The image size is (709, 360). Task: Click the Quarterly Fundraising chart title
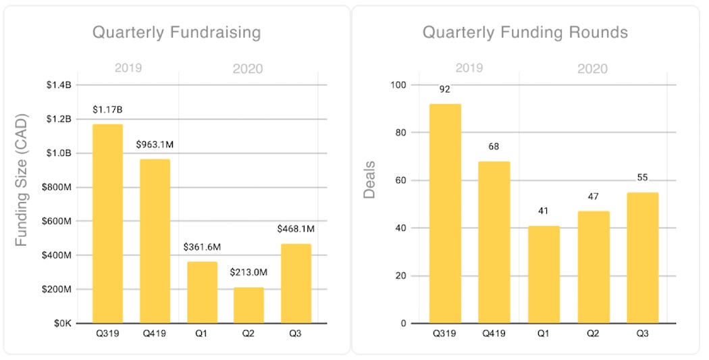[x=176, y=32]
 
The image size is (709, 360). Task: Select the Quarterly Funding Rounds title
[x=525, y=32]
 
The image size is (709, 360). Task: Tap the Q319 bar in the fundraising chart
[x=107, y=224]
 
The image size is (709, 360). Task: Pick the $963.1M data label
[x=155, y=145]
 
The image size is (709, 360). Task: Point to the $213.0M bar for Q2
[x=248, y=305]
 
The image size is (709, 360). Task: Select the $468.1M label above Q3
[x=296, y=229]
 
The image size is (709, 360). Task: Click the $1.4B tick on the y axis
[x=59, y=85]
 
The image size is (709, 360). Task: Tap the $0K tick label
[x=62, y=324]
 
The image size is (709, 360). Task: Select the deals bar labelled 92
[x=445, y=213]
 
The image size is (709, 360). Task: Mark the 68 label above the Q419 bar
[x=494, y=146]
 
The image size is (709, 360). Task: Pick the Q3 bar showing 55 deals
[x=642, y=258]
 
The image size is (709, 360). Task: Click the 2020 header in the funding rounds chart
[x=592, y=69]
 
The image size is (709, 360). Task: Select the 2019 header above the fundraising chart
[x=128, y=68]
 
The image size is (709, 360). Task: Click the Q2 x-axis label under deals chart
[x=593, y=332]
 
